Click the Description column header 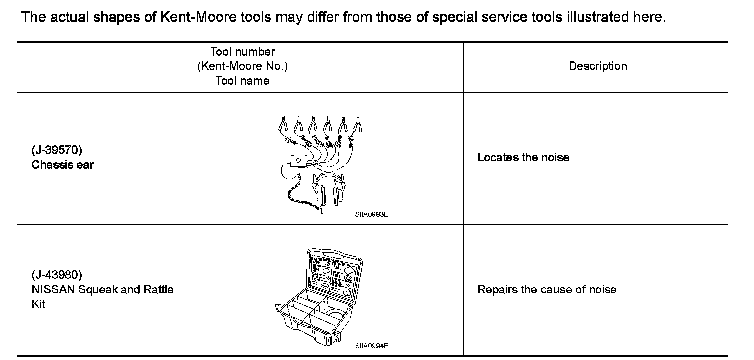click(x=598, y=66)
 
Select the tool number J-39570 click(x=56, y=150)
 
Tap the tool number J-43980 click(x=56, y=275)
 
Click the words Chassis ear click(x=62, y=165)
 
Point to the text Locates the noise click(x=523, y=157)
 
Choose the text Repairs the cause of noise click(x=546, y=289)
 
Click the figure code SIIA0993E click(x=371, y=214)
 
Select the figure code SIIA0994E click(x=371, y=346)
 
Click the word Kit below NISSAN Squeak click(x=38, y=304)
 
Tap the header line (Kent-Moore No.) click(x=242, y=66)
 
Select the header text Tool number click(x=242, y=52)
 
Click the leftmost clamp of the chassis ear click(x=283, y=123)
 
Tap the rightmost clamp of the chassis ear click(x=358, y=123)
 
